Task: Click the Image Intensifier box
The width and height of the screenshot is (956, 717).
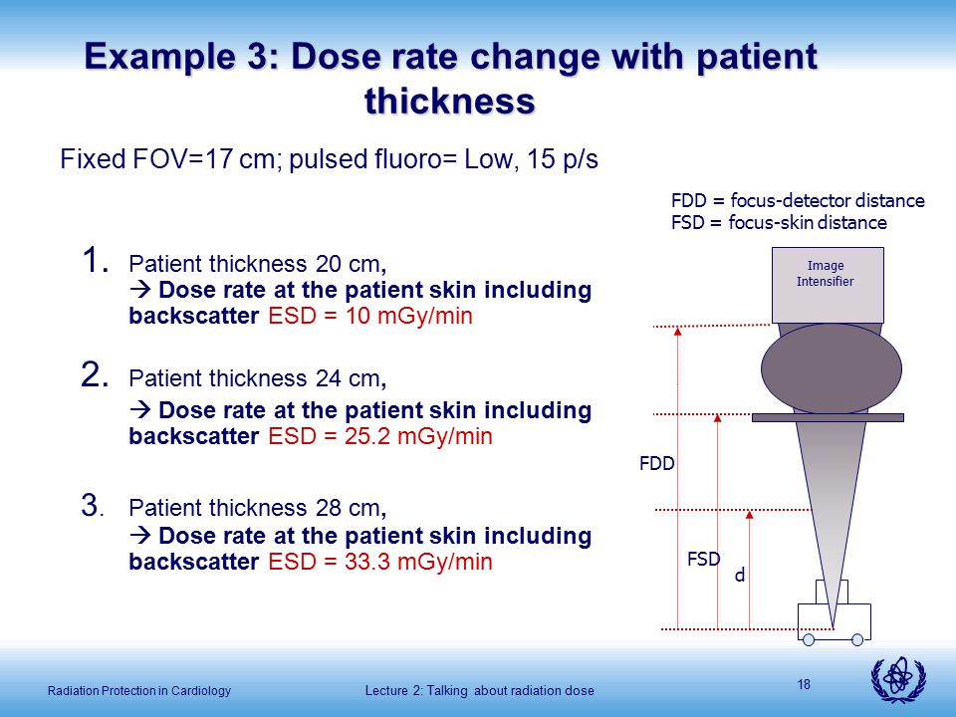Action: tap(828, 285)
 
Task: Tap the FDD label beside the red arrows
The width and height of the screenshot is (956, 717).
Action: tap(656, 464)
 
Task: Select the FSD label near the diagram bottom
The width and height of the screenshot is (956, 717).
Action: tap(704, 559)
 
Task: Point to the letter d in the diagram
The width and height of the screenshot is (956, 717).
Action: tap(740, 575)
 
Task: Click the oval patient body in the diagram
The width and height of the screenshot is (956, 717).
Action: tap(831, 368)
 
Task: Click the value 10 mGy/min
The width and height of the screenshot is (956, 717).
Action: tap(408, 316)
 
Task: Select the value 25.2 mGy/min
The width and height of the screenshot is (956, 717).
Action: tap(418, 436)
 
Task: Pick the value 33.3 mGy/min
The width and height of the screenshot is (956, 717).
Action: tap(418, 562)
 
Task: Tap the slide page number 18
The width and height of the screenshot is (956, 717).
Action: tap(805, 684)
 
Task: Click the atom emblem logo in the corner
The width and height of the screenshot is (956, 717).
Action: tap(898, 679)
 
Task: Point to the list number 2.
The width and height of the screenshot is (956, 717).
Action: tap(96, 375)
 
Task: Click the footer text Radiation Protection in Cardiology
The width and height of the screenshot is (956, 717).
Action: tap(139, 691)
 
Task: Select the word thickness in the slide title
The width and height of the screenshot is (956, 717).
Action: tap(450, 102)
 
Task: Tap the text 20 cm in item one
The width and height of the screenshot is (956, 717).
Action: tap(348, 264)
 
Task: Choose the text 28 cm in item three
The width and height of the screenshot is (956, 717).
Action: tap(348, 508)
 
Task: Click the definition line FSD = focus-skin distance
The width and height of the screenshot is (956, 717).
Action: tap(779, 222)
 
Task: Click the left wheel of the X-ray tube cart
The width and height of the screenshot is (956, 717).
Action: tap(809, 639)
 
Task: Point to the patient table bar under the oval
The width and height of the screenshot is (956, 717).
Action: tap(828, 417)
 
